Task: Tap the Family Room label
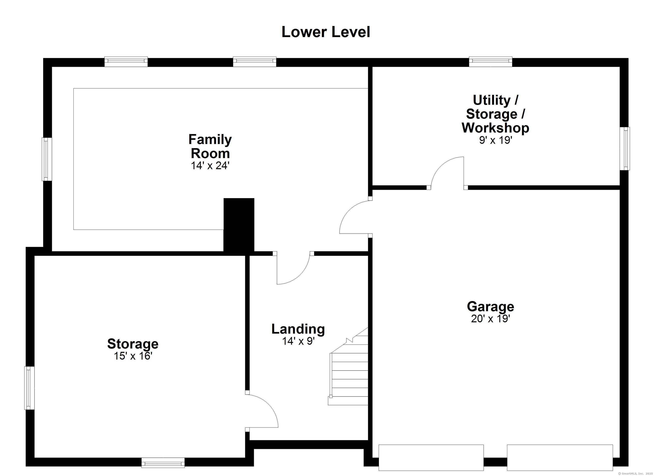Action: [210, 146]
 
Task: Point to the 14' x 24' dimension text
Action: [210, 166]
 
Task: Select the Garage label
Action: [490, 306]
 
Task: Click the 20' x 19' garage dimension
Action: [490, 319]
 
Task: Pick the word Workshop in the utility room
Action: [495, 128]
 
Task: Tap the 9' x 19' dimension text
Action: [495, 140]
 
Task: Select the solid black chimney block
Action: [239, 225]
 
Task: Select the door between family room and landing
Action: [293, 268]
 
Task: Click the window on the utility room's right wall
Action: [625, 149]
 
